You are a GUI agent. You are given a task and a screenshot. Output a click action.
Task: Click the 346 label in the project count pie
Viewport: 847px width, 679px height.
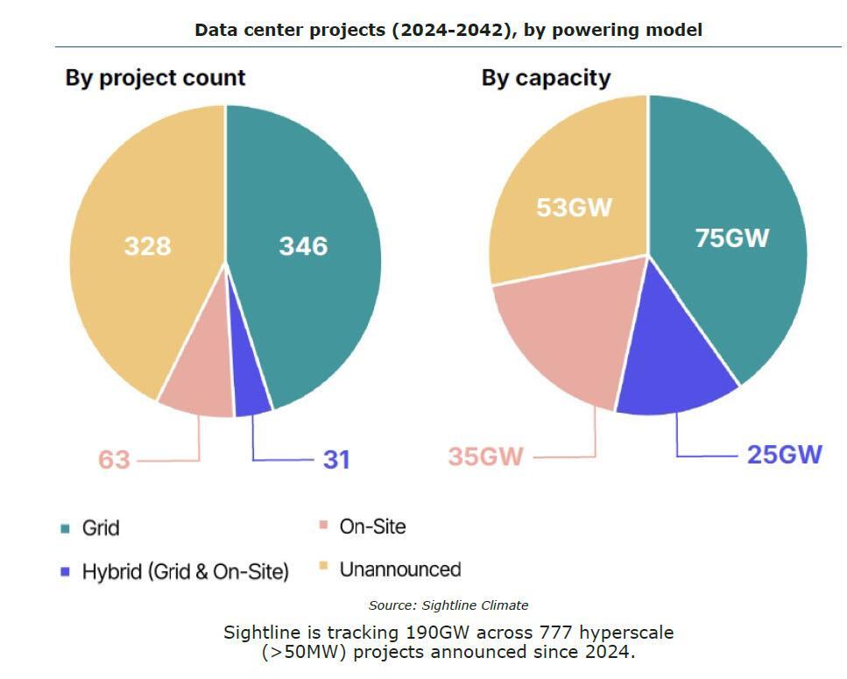point(303,246)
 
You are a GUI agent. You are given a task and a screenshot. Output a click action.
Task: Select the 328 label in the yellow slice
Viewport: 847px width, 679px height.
point(147,246)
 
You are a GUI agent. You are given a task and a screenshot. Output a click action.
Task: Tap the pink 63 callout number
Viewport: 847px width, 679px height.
point(113,459)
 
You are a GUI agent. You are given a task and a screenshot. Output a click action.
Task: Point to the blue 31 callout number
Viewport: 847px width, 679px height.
point(336,459)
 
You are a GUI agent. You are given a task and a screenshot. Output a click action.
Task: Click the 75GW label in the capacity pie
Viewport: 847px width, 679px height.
point(731,237)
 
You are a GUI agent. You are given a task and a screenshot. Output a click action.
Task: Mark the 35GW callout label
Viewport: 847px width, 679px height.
point(486,456)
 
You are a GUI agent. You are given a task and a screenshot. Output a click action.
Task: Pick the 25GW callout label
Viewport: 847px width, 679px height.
point(784,455)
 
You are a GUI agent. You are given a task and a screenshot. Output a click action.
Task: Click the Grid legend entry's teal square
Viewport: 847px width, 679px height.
point(65,528)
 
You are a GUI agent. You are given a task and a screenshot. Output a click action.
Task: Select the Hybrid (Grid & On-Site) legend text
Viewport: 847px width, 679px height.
point(185,572)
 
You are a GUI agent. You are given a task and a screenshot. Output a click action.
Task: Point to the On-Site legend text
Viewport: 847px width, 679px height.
point(372,527)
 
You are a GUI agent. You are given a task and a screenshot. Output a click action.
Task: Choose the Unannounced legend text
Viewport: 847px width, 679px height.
point(399,569)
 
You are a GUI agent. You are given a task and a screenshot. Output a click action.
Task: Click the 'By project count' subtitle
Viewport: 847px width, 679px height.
point(155,77)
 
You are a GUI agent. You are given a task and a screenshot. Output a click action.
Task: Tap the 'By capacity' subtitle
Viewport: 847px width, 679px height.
point(546,77)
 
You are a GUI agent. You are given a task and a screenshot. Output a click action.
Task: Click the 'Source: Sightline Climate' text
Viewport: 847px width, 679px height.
point(448,605)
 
